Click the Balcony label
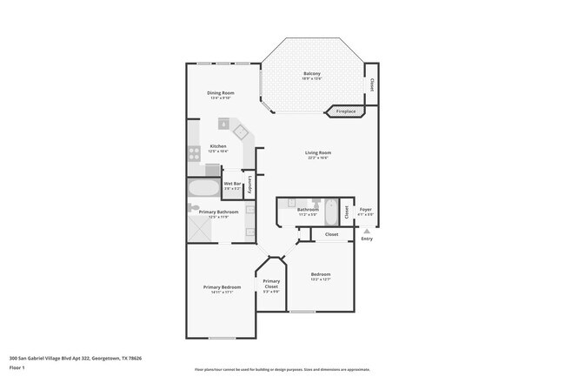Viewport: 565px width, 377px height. pos(311,73)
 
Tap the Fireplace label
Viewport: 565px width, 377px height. pos(346,111)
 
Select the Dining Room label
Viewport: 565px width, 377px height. pos(221,93)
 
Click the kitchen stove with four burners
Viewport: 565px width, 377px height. pos(194,153)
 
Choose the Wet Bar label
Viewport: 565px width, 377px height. pos(232,184)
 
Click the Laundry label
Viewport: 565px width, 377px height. pos(250,184)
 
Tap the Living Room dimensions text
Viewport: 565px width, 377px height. pos(317,158)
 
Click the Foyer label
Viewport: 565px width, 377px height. pos(366,208)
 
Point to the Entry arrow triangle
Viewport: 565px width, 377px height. pos(366,231)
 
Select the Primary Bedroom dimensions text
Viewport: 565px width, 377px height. pos(222,293)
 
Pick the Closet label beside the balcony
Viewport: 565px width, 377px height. pos(371,85)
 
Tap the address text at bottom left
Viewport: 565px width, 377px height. pos(75,357)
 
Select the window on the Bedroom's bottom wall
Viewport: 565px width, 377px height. pos(302,311)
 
